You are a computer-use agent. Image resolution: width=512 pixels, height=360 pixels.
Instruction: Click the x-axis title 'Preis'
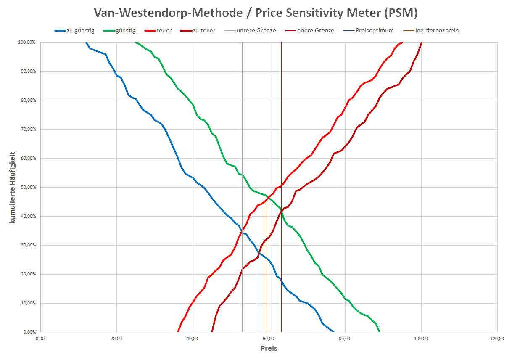[269, 348]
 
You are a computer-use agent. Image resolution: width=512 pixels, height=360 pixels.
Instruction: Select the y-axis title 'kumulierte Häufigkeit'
[13, 187]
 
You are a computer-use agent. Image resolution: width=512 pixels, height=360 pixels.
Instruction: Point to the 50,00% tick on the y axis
[26, 187]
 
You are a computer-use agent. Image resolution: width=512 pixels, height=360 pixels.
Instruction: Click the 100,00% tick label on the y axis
[26, 42]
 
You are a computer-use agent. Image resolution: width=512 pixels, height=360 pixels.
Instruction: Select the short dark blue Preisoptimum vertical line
[259, 294]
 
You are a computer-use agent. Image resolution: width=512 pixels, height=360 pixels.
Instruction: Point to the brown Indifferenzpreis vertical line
[267, 273]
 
